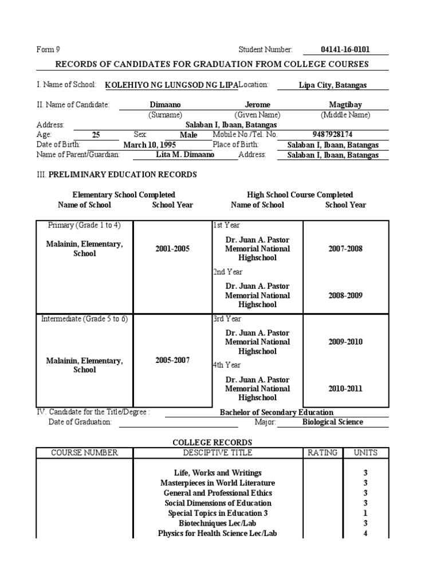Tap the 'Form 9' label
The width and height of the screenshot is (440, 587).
coord(48,50)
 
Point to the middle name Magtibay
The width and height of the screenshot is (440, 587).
coord(345,105)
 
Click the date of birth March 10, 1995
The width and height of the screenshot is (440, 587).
coord(149,145)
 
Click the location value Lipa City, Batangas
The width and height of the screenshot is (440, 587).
coord(333,85)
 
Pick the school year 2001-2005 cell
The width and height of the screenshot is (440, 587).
coord(172,249)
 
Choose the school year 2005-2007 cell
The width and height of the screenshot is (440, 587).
coord(172,361)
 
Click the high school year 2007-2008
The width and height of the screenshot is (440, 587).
coord(345,249)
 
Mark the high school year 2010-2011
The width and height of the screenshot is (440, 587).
coord(345,389)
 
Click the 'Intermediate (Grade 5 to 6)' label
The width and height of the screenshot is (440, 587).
coord(84,319)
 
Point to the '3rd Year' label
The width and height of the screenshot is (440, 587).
coord(227,319)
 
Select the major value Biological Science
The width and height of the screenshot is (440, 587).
coord(332,422)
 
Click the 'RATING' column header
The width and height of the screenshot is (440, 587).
coord(323,453)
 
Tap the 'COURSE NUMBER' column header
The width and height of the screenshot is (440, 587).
coord(84,453)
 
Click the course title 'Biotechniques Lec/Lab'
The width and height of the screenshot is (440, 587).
coord(217,523)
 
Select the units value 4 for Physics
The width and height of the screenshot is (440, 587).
coord(365,533)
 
